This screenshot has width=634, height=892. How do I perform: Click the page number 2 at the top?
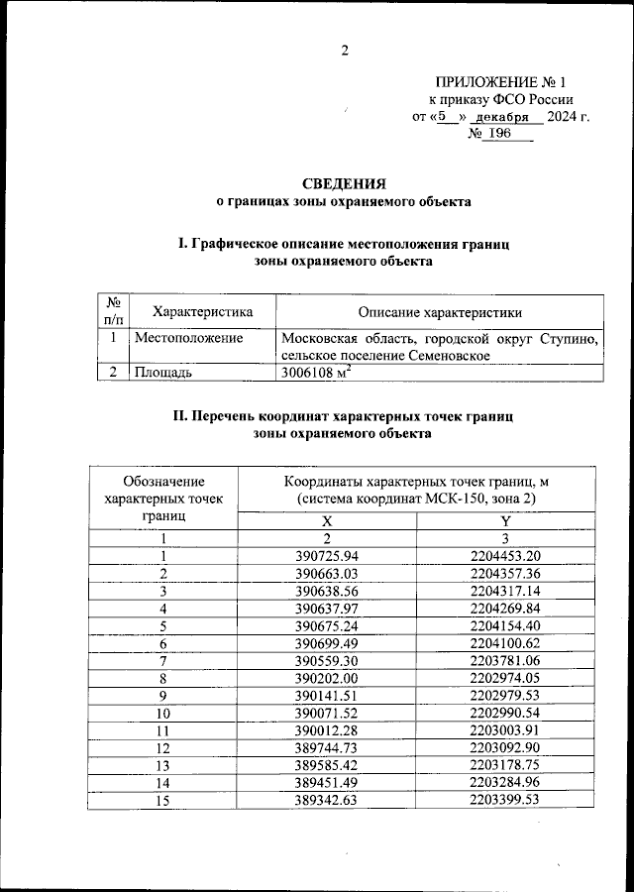(x=345, y=52)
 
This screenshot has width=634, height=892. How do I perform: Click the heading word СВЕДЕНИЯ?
(x=344, y=182)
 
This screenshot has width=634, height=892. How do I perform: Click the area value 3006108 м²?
(x=318, y=373)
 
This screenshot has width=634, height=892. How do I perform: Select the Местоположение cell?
(x=189, y=339)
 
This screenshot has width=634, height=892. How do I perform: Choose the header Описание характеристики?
(x=440, y=312)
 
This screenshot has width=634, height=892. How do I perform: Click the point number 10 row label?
(x=164, y=713)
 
